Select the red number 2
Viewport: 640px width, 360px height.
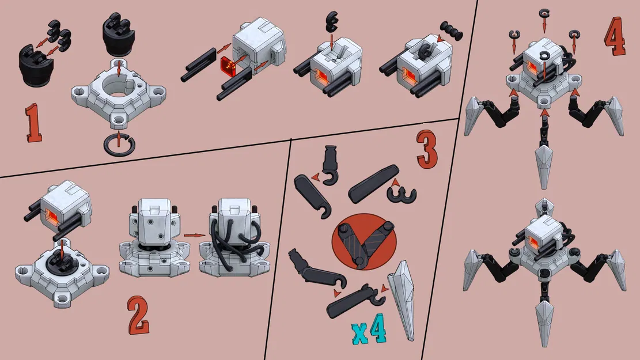tap(138, 317)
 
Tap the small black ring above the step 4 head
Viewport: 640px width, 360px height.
tap(543, 13)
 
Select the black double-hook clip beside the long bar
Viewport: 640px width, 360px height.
tap(403, 195)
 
